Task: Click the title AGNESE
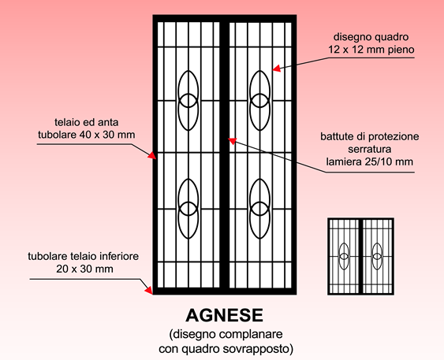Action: point(224,315)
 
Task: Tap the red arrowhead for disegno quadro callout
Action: point(277,69)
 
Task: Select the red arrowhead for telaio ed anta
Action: point(152,155)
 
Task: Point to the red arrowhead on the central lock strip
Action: point(233,141)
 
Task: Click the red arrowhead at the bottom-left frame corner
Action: point(149,290)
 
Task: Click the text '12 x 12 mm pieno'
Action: point(371,50)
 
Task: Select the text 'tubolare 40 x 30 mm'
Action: point(87,135)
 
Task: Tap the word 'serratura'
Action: point(370,149)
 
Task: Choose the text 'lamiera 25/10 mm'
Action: point(370,161)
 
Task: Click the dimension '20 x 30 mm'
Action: point(84,269)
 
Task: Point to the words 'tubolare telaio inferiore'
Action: point(84,256)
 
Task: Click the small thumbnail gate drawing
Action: point(360,257)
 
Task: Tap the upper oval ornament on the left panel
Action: point(188,100)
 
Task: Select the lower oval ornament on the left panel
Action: point(188,209)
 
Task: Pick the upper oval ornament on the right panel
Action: point(260,100)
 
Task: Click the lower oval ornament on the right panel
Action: point(260,209)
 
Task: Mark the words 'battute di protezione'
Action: point(370,136)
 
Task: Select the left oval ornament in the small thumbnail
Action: point(344,256)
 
